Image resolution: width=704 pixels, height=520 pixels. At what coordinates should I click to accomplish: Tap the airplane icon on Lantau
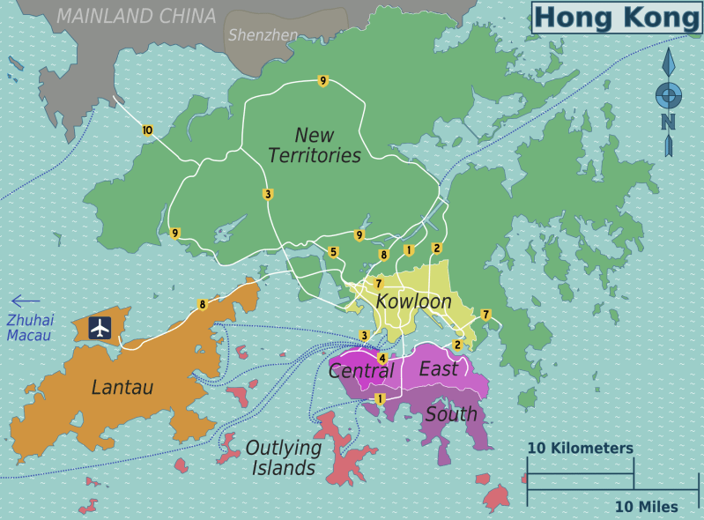(x=100, y=327)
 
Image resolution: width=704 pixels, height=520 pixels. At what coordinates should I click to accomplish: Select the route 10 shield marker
(x=147, y=130)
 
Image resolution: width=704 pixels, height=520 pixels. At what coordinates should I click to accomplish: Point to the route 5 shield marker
(x=333, y=252)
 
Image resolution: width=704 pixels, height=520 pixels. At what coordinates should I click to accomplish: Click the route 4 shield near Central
(x=382, y=359)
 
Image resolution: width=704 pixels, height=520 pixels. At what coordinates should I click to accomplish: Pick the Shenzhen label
(x=263, y=35)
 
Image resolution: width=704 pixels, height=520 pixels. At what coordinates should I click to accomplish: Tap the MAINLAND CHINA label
(x=136, y=16)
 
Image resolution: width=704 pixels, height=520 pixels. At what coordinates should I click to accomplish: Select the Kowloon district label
(x=413, y=301)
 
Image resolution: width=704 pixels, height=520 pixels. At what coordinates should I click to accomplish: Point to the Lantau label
(x=122, y=387)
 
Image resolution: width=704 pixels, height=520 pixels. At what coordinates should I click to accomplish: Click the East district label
(x=439, y=368)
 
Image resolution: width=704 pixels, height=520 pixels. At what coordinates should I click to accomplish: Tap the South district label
(x=451, y=413)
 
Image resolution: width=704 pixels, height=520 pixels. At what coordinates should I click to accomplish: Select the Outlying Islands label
(x=283, y=457)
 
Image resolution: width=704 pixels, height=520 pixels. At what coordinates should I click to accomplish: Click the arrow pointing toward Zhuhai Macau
(x=26, y=301)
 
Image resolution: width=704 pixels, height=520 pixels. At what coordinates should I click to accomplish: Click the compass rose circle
(x=668, y=93)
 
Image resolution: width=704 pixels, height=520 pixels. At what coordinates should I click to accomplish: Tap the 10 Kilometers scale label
(x=580, y=448)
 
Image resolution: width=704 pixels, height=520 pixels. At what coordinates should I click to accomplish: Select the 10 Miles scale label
(x=646, y=506)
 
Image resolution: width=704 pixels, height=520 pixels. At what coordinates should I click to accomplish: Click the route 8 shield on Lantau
(x=203, y=305)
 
